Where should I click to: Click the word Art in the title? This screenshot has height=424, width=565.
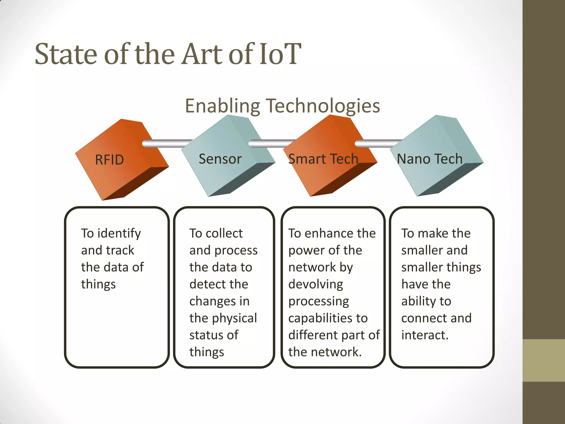(x=202, y=54)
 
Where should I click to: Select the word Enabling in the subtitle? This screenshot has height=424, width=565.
(x=222, y=106)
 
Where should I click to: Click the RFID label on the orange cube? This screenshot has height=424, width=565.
(x=109, y=160)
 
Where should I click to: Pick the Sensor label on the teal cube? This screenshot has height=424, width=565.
(x=220, y=159)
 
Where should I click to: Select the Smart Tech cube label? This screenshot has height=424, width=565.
(x=323, y=159)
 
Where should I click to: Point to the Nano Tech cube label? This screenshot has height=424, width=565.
(x=430, y=159)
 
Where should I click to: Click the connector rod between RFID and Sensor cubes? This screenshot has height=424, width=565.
(x=167, y=144)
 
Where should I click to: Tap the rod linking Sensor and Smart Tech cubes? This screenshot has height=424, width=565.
(x=272, y=144)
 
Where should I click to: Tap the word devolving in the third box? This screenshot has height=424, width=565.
(x=316, y=284)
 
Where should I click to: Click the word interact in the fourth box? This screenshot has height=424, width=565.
(x=425, y=335)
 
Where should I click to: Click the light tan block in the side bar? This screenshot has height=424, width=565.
(x=543, y=360)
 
